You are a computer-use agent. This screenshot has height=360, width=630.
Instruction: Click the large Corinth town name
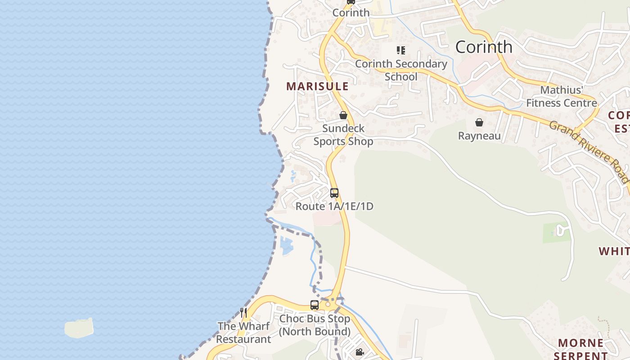tap(484, 47)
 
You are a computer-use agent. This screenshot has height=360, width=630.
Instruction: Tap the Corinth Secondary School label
tap(401, 70)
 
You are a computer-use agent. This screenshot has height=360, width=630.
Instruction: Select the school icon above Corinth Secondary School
tap(400, 50)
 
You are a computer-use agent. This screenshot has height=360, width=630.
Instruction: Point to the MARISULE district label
tap(317, 86)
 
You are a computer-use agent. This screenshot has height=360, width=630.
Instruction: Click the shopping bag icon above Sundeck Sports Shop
tap(343, 115)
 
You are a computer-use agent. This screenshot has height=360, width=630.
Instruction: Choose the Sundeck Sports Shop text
tap(343, 135)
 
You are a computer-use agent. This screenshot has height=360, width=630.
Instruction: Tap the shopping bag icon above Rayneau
tap(479, 122)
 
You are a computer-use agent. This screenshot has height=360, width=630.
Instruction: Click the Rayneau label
tap(479, 135)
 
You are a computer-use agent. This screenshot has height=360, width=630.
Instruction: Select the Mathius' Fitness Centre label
tap(562, 96)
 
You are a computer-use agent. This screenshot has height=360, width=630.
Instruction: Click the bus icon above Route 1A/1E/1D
tap(334, 193)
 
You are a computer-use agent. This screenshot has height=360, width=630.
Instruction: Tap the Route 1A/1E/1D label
tap(334, 207)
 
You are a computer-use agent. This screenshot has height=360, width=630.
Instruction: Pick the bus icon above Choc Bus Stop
tap(315, 305)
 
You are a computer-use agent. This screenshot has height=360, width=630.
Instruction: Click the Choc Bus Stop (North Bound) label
tap(315, 325)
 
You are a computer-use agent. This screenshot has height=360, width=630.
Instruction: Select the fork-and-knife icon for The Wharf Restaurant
tap(243, 312)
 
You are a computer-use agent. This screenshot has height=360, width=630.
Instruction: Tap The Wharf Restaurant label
tap(244, 333)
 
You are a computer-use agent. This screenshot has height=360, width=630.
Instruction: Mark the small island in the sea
tap(79, 328)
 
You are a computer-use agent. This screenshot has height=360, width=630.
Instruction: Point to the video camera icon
tap(360, 352)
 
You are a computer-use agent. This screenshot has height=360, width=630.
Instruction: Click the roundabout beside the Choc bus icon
tap(328, 305)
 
